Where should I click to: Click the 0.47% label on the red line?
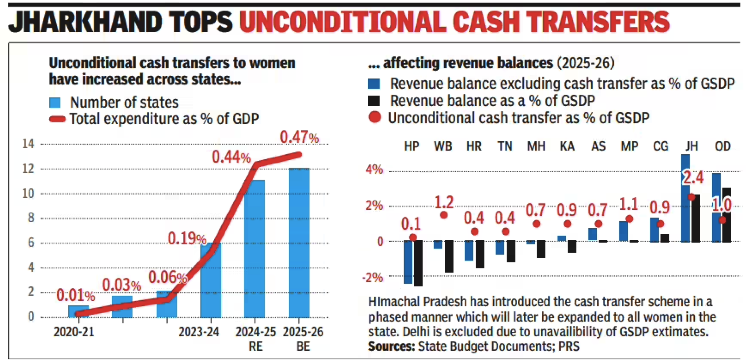[299, 136]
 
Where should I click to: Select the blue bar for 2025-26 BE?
[299, 243]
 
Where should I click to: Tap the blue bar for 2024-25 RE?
[254, 249]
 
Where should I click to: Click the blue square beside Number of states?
[55, 103]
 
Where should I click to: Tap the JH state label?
[691, 146]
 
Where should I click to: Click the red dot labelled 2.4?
[691, 197]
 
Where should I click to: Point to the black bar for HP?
[418, 263]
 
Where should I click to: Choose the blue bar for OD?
[716, 207]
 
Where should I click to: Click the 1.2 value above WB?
[444, 203]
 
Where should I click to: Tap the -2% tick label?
[373, 278]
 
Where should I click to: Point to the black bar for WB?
[448, 256]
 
